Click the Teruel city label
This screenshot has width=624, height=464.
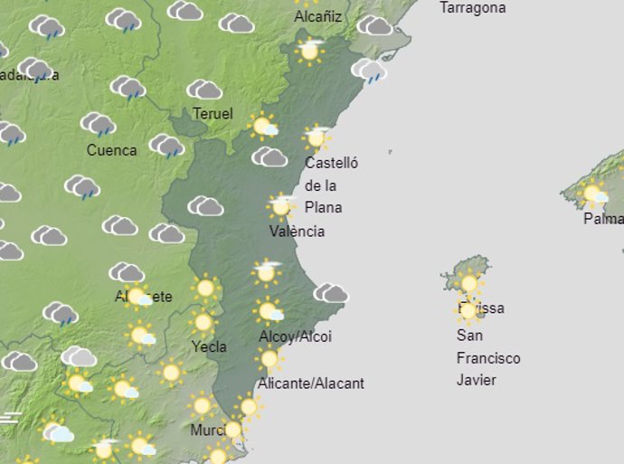213,114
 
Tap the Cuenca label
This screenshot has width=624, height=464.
112,150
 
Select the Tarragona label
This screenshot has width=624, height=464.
472,8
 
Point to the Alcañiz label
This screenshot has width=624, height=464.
318,15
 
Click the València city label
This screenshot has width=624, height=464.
297,232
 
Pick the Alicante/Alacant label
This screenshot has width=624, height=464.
311,384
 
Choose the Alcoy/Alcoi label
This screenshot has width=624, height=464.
295,337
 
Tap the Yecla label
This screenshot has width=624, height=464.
209,346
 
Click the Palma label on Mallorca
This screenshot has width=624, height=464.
603,219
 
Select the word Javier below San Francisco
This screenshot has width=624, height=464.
476,380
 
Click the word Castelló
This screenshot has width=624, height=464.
331,164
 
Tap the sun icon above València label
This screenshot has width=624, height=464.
281,206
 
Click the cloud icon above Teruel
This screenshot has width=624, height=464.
205,90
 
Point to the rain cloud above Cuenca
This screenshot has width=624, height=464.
98,124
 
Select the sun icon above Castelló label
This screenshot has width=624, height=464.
317,137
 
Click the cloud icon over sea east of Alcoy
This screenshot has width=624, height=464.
331,292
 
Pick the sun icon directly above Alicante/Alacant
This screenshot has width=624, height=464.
269,359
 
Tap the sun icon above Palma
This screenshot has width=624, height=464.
593,193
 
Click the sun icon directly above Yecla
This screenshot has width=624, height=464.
203,322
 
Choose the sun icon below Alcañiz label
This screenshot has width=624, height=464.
309,50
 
